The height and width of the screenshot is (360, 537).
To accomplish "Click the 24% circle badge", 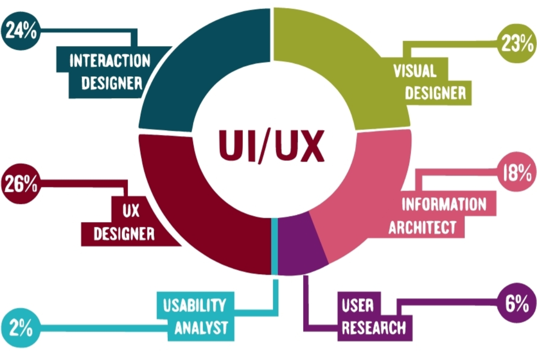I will (x=21, y=34).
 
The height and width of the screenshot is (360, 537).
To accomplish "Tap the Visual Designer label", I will (x=427, y=81).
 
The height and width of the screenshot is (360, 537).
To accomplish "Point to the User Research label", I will (x=374, y=316).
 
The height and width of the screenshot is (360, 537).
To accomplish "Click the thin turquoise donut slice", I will (x=274, y=246).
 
